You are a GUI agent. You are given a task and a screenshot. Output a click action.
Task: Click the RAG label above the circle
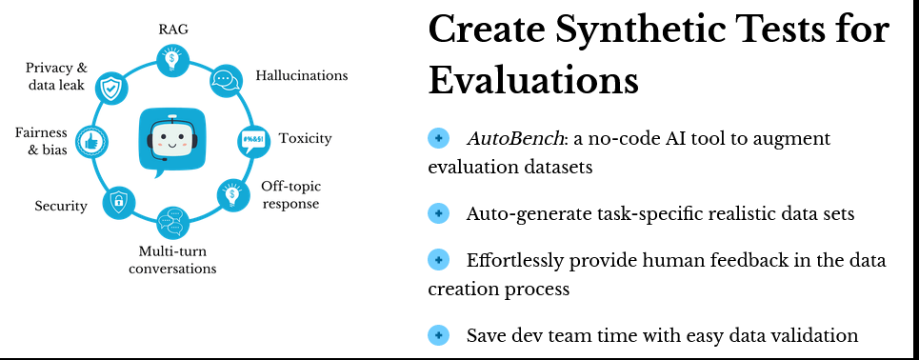pos(173,30)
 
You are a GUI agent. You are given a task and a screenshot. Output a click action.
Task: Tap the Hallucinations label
pos(302,75)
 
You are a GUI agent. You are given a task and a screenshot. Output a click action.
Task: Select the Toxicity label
pos(306,138)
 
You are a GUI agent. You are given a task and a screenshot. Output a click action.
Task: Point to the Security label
pos(61,206)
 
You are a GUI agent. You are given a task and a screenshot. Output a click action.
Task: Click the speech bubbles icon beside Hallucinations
pos(226,81)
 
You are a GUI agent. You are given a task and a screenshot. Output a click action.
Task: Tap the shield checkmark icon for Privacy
pos(110,88)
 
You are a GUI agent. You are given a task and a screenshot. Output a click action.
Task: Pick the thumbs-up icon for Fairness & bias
pos(91,141)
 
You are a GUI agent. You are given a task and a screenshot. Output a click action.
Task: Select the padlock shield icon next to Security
pos(118,203)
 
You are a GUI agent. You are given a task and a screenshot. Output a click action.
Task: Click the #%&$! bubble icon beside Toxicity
pos(253,141)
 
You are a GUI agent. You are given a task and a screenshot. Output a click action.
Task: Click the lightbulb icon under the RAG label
pos(172,61)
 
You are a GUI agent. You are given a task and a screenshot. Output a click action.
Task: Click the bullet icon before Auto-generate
pos(438,212)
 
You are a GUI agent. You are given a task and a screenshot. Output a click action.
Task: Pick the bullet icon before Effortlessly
pos(438,260)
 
